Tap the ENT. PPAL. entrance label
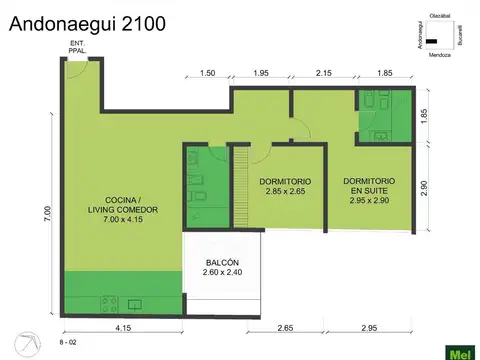pos(77,46)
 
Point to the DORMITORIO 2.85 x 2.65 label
pos(284,186)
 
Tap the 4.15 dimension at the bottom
pos(123,328)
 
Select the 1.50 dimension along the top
pos(208,74)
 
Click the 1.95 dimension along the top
pos(261,74)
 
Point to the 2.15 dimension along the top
pos(324,74)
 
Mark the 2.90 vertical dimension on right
pos(424,188)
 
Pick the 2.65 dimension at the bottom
pos(285,328)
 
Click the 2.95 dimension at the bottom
pos(369,328)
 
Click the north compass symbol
pos(33,343)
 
